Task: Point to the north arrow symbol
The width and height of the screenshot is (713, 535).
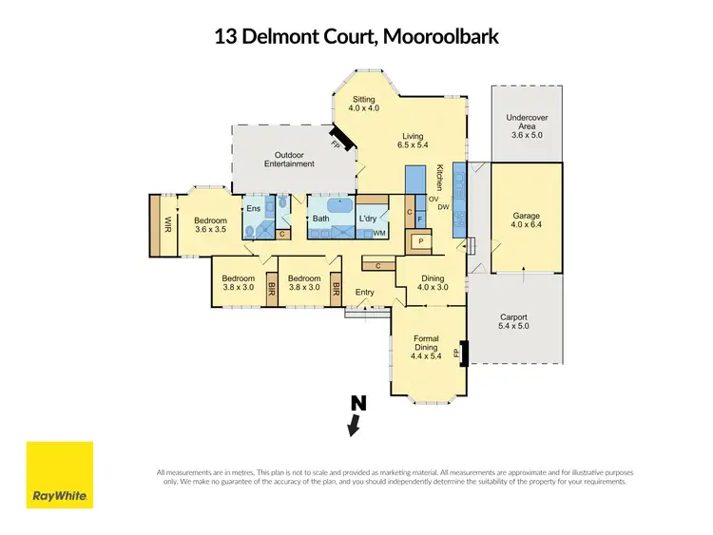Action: coord(356,416)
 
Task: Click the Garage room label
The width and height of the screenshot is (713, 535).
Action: coord(526,221)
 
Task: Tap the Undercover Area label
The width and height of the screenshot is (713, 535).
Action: coord(526,127)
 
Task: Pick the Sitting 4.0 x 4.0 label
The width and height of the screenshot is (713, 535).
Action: coord(365,104)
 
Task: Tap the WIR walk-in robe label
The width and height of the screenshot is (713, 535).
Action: coord(167,225)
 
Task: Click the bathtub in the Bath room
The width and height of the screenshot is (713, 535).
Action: coord(339,206)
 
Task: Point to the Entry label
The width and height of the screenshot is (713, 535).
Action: coord(365,293)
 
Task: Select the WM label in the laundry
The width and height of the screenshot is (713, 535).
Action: coord(378,233)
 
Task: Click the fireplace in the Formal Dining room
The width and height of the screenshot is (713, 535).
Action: coord(463,353)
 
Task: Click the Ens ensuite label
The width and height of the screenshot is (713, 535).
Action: coord(253,209)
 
